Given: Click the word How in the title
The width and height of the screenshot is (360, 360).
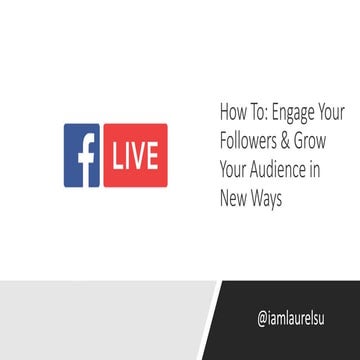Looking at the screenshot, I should (231, 111).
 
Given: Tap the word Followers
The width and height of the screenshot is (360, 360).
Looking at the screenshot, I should (251, 139).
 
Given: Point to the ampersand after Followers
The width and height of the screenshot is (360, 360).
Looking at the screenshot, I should (291, 139).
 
